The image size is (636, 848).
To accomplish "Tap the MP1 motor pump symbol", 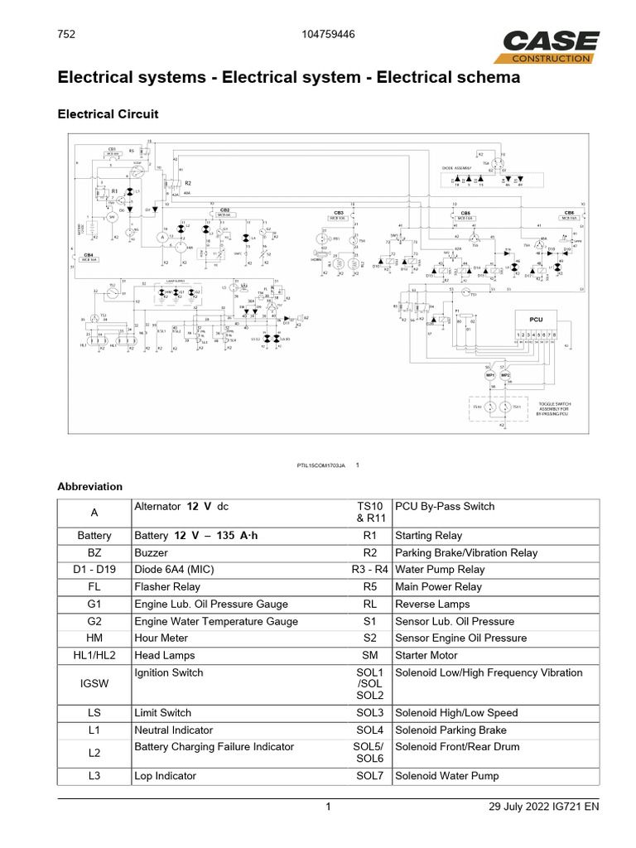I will click(489, 375).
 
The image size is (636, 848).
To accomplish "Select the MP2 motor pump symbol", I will click(505, 375).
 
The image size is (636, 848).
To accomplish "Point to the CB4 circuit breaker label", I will click(88, 255).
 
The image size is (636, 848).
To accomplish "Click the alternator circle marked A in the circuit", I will click(162, 237).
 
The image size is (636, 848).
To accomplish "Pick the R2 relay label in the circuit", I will click(188, 182).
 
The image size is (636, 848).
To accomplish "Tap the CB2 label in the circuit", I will click(224, 210).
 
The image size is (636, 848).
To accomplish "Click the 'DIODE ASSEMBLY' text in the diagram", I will click(456, 167).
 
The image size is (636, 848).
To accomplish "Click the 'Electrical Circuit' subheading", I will click(108, 113).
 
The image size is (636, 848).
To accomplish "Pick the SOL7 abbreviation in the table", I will click(370, 776).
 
